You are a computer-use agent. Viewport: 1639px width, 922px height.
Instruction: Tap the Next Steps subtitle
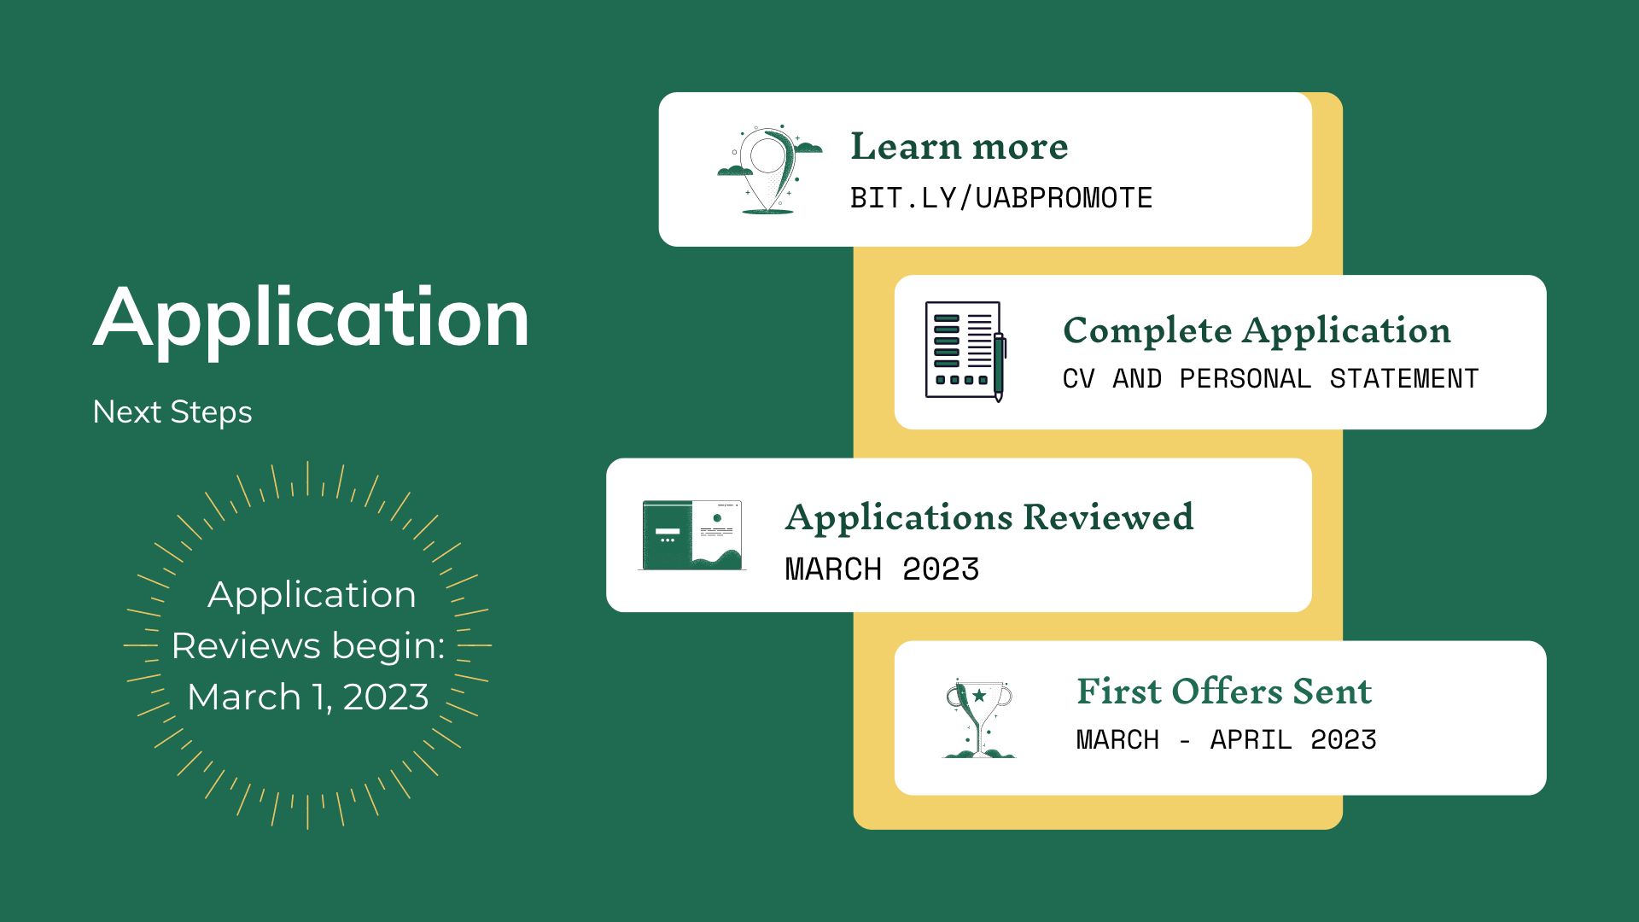[172, 412]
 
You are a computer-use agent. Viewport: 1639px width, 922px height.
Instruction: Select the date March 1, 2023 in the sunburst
[308, 697]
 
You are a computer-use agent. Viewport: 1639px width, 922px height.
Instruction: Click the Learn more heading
[959, 147]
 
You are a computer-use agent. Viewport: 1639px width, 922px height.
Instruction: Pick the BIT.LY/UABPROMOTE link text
[1001, 198]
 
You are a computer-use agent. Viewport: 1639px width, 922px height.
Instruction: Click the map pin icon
[769, 170]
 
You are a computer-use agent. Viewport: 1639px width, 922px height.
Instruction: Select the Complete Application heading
[1257, 331]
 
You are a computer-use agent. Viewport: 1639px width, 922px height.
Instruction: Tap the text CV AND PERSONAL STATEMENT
[1270, 379]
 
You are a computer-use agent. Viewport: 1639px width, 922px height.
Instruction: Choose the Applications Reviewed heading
[989, 517]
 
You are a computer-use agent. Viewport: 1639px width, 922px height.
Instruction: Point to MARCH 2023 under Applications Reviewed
[882, 569]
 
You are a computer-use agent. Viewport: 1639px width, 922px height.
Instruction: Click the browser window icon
[691, 535]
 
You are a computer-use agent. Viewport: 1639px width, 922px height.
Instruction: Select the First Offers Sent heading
[1224, 691]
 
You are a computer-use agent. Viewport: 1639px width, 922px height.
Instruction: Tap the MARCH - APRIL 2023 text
[1226, 739]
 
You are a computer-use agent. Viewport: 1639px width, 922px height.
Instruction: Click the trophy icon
[978, 719]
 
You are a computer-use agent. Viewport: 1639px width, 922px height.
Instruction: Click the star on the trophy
[979, 696]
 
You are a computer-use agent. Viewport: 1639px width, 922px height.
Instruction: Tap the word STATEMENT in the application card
[1404, 379]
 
